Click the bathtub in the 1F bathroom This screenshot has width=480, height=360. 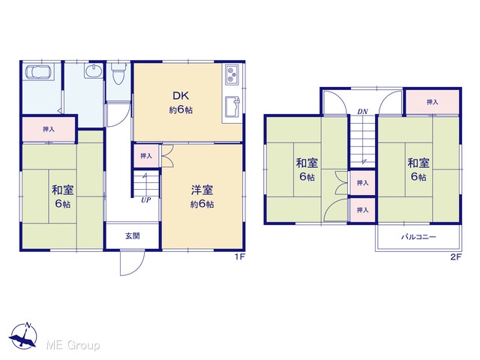point(39,72)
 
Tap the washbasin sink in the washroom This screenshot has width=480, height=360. point(93,72)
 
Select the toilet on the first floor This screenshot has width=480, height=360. point(118,73)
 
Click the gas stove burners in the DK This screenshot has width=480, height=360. point(232,75)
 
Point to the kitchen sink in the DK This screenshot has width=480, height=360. point(232,106)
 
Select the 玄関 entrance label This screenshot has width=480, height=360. point(133,236)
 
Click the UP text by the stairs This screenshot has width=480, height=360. point(146,200)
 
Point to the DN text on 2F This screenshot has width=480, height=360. point(362,112)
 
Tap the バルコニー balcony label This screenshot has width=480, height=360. point(418,237)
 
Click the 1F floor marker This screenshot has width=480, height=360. point(240,256)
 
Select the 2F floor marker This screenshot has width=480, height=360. point(455,256)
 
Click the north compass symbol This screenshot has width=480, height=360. point(23,336)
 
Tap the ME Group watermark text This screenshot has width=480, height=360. point(73,345)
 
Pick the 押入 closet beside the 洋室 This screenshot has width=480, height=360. point(146,156)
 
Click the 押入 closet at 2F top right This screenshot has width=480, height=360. point(432,102)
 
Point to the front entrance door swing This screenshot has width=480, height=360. point(132,262)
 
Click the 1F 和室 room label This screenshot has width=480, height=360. point(63,197)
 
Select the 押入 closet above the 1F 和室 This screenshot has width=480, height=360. point(49,130)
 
